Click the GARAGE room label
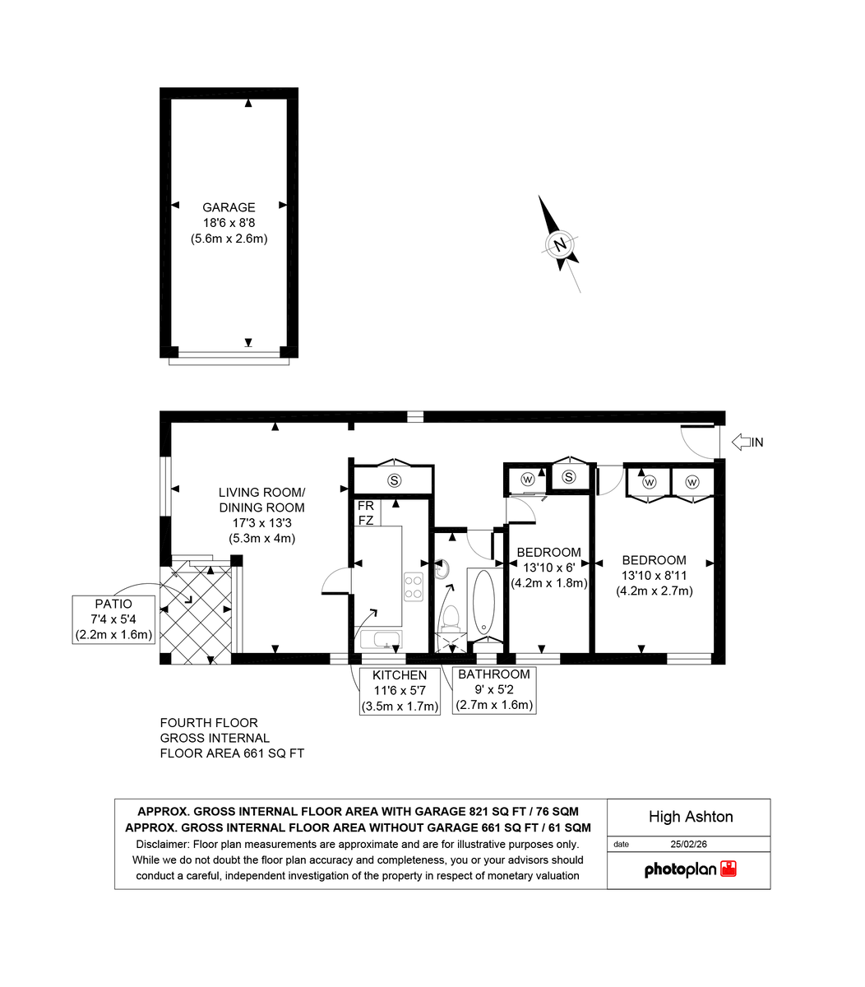click(229, 208)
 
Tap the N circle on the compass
click(560, 244)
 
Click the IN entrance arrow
click(747, 443)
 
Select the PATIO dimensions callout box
click(114, 619)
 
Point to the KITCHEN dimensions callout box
click(400, 691)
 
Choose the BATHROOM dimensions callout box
click(494, 690)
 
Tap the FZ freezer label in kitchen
click(366, 521)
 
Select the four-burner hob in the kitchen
click(413, 586)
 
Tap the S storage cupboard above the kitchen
click(394, 480)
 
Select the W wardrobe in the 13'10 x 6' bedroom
click(527, 479)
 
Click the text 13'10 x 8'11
click(654, 576)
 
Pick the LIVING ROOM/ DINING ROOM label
click(261, 500)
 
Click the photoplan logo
click(689, 869)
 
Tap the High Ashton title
click(690, 817)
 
